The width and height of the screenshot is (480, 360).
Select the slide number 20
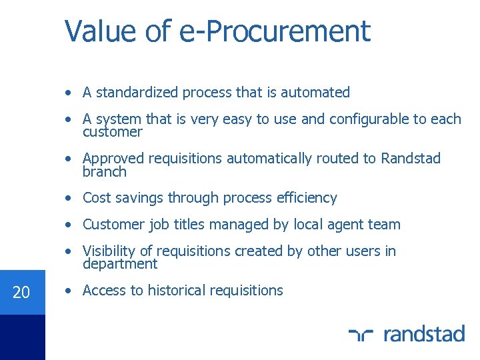(x=21, y=292)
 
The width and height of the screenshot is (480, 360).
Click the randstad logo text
(x=424, y=333)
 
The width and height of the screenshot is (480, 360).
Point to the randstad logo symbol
(x=361, y=333)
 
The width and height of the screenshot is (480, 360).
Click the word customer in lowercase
(x=113, y=132)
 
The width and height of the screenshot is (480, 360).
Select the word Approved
(x=113, y=159)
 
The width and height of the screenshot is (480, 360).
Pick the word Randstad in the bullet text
(x=411, y=159)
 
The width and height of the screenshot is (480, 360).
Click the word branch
(x=105, y=171)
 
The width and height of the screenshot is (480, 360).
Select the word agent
(x=347, y=225)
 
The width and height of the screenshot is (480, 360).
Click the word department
(x=120, y=264)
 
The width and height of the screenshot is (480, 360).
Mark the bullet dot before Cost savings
(x=69, y=198)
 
